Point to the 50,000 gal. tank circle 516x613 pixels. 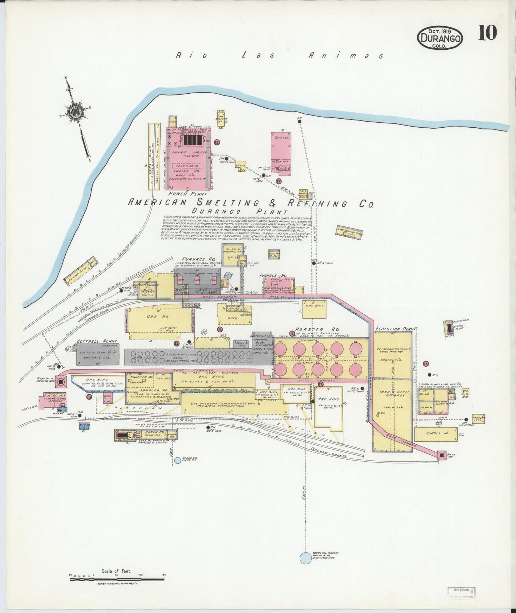point(177,460)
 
